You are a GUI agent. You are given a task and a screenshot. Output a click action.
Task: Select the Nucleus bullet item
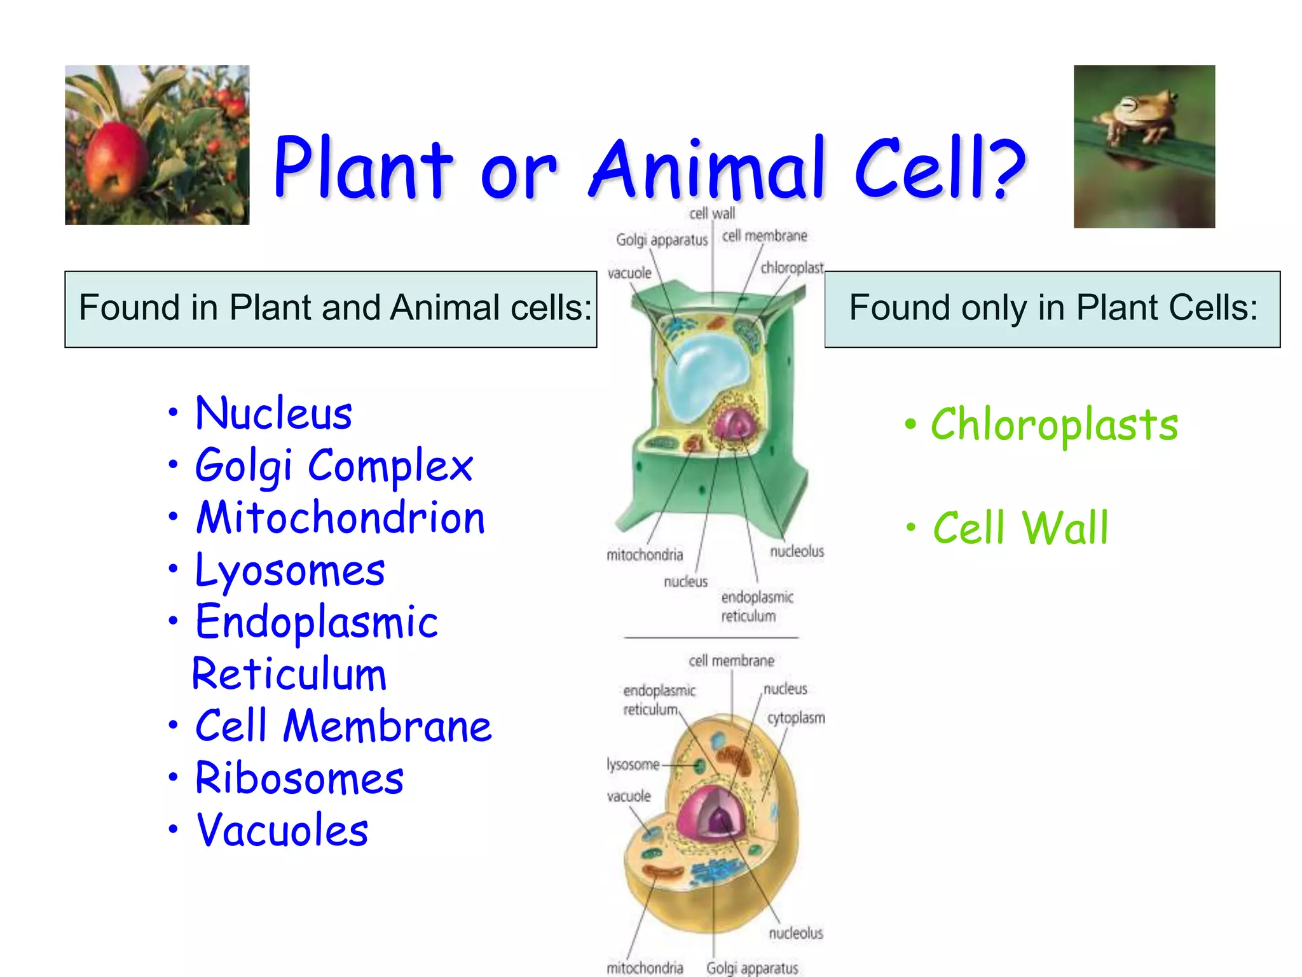273,413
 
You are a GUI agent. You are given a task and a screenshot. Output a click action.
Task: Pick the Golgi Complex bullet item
334,466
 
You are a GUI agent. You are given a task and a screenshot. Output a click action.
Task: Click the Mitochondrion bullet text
340,518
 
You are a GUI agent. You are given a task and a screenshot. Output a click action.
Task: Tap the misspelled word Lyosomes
290,571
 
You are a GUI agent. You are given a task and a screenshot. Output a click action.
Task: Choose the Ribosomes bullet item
299,779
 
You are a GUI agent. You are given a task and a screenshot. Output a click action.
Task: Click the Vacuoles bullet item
282,831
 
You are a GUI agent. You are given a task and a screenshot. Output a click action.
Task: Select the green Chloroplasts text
1054,425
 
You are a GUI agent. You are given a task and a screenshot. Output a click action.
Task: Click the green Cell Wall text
1020,528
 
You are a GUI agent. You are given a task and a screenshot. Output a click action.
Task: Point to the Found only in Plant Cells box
1052,309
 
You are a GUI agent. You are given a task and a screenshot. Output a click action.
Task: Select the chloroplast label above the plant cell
791,268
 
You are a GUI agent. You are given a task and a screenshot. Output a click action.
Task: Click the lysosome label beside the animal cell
633,765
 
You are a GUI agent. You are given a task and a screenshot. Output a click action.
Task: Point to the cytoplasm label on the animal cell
795,718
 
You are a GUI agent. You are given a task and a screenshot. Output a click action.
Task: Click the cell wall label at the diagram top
712,214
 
